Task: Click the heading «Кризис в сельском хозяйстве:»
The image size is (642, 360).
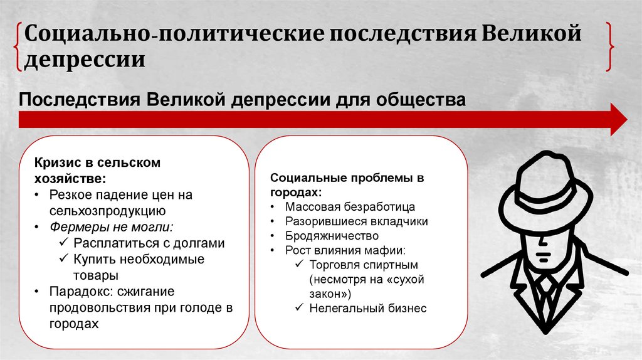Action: [x=97, y=171]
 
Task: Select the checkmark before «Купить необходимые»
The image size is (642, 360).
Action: [x=64, y=259]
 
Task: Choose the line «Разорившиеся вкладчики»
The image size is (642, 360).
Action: [x=356, y=221]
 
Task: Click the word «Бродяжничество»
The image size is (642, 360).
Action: [x=332, y=236]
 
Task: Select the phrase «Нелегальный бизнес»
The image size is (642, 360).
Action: [x=367, y=308]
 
